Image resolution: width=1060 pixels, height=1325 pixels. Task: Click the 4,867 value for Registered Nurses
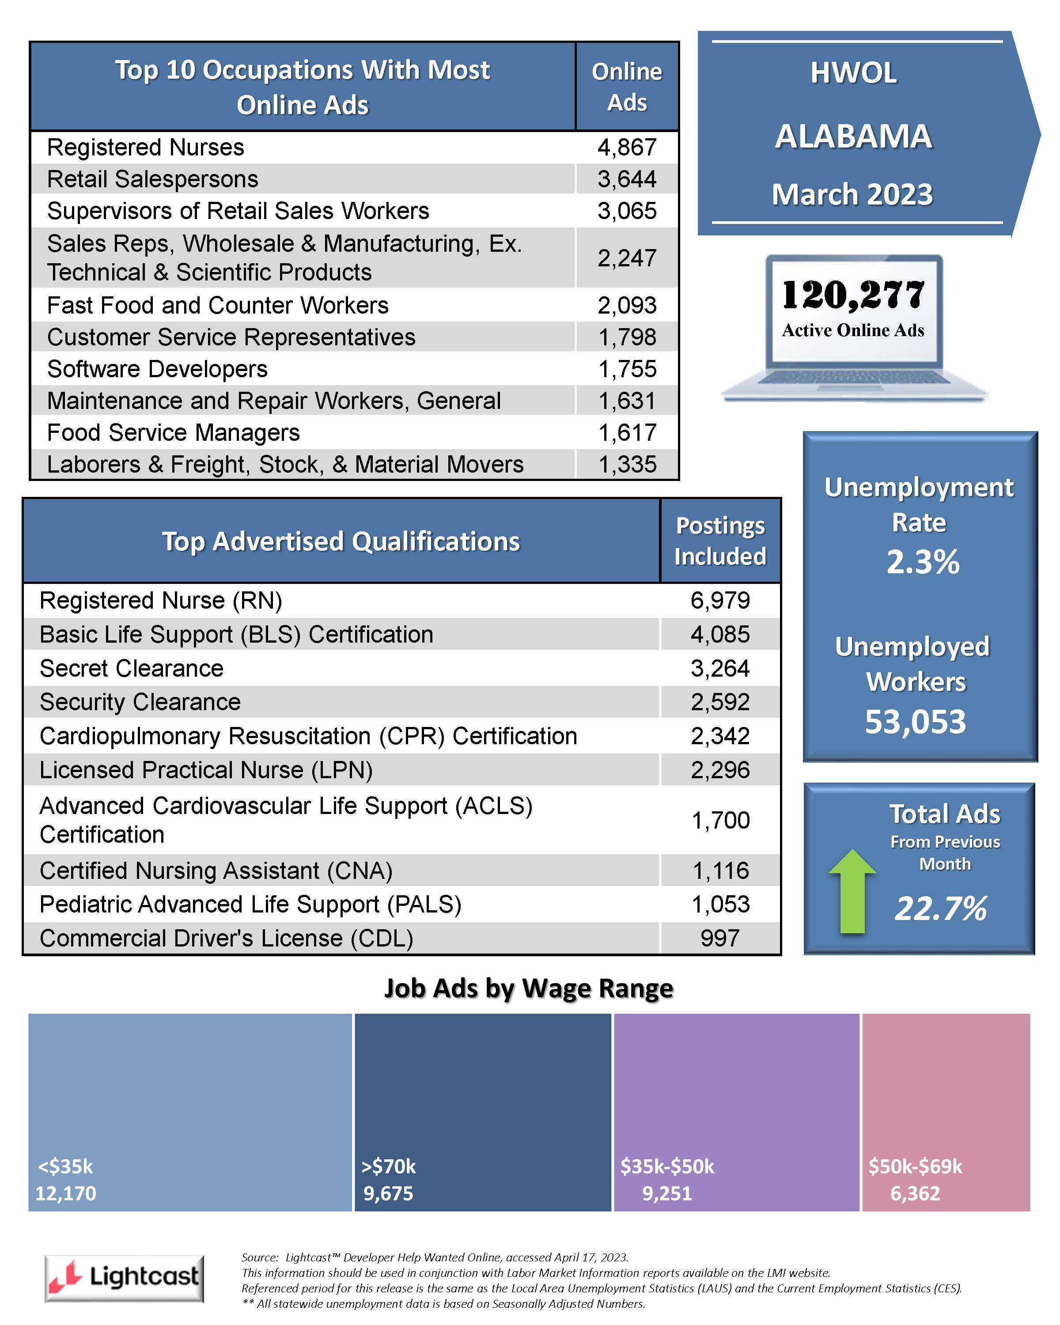click(x=627, y=148)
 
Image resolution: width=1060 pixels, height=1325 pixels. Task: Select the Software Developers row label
click(x=157, y=369)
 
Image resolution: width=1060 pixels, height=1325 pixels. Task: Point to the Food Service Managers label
click(x=173, y=433)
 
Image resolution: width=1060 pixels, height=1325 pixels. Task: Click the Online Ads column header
click(x=627, y=87)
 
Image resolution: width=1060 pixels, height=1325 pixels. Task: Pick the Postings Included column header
click(x=720, y=541)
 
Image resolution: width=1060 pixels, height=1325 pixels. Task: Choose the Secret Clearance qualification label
click(x=132, y=668)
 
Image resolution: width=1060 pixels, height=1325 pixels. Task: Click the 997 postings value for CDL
click(x=720, y=938)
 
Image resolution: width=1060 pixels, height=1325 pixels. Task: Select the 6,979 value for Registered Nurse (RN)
click(x=720, y=600)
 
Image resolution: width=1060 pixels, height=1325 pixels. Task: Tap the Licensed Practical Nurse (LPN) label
click(x=206, y=770)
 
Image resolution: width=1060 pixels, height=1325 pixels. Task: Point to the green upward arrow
click(x=852, y=890)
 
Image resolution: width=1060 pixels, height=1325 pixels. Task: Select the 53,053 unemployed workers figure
click(x=916, y=722)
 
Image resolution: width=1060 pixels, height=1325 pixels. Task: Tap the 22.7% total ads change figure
click(x=941, y=909)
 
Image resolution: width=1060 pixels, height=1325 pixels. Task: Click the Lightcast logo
click(x=124, y=1278)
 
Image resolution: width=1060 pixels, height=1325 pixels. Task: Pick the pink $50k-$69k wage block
click(x=946, y=1113)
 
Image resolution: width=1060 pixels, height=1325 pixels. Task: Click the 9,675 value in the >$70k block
click(x=388, y=1193)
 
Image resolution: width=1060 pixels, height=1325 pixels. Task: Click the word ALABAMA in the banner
click(x=854, y=136)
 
